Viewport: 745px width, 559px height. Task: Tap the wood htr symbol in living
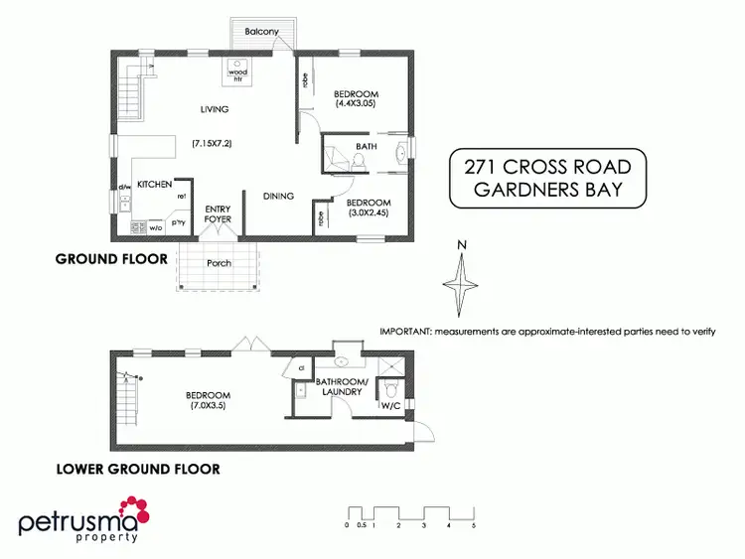tap(238, 72)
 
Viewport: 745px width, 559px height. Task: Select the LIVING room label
tap(215, 109)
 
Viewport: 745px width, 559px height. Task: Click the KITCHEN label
tap(155, 184)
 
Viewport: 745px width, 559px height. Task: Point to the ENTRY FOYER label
tap(218, 213)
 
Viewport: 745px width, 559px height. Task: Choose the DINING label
tap(278, 196)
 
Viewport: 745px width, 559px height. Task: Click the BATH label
tap(367, 147)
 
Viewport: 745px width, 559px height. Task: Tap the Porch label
tap(219, 263)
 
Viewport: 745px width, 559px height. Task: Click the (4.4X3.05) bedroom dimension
tap(357, 104)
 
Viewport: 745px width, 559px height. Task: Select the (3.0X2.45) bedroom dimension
tap(371, 212)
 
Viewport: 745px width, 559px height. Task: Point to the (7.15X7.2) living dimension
tap(212, 144)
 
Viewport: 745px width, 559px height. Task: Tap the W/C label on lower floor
tap(389, 406)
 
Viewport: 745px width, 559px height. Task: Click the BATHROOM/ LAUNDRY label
tap(343, 387)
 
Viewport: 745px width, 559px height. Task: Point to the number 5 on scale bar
tap(475, 525)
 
